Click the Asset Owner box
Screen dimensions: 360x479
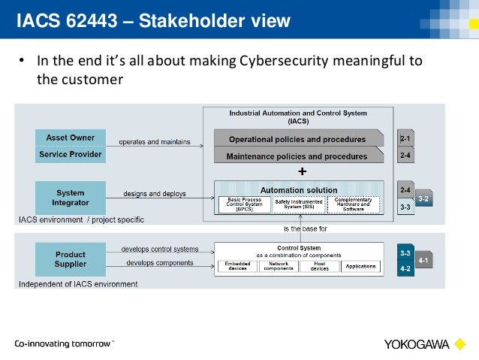point(71,138)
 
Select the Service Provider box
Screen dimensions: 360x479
point(71,155)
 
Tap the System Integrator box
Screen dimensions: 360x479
point(71,198)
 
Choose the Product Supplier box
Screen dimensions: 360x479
point(71,259)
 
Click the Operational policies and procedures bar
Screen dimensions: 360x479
point(298,139)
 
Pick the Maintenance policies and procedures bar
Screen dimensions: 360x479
point(298,156)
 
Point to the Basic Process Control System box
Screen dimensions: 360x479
point(242,204)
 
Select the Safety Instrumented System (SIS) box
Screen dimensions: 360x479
point(298,204)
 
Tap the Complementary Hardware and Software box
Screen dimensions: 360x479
point(354,204)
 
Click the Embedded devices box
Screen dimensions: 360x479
point(236,266)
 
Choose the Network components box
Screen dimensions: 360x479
point(279,266)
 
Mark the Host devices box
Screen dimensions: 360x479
point(320,266)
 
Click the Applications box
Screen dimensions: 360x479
point(361,265)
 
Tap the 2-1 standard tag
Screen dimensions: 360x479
point(405,138)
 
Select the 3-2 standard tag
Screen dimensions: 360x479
point(424,198)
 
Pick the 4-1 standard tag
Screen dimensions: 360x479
point(424,261)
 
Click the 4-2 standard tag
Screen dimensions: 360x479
point(405,268)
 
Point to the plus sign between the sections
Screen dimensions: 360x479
point(302,171)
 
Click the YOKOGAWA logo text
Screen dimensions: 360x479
point(417,345)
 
